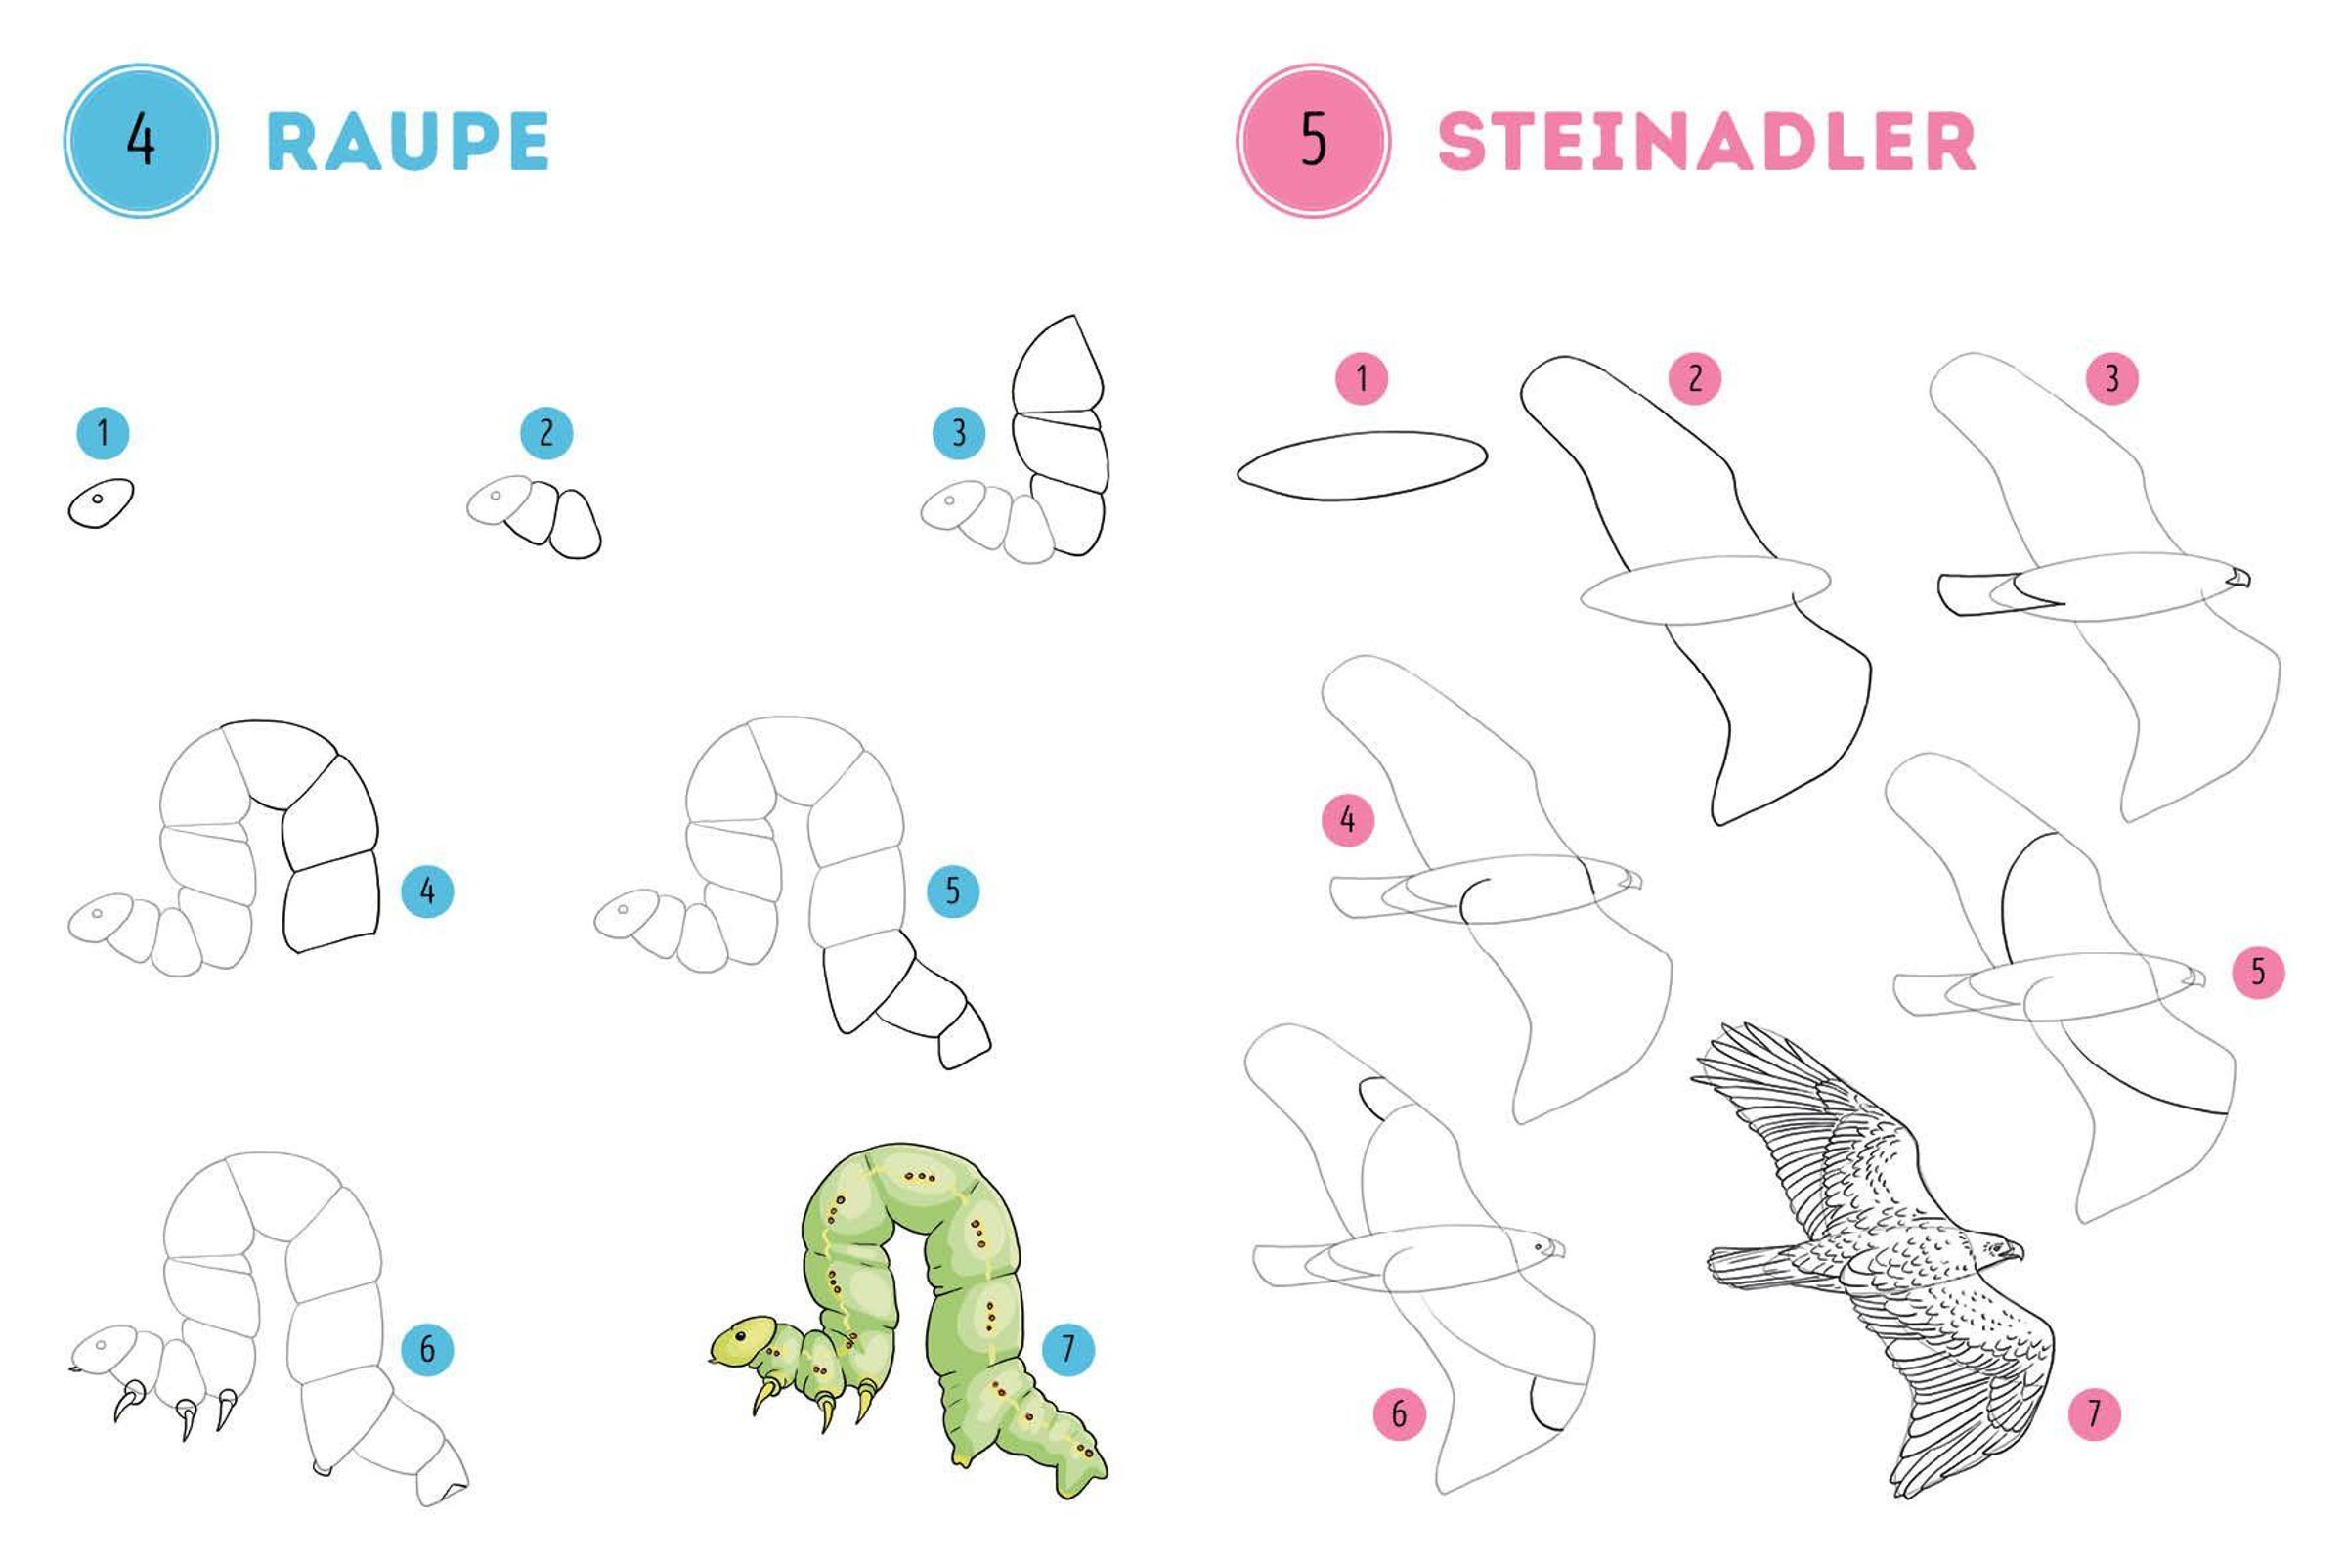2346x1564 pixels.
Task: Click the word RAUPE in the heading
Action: coord(408,141)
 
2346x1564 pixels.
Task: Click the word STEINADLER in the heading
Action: coord(1706,141)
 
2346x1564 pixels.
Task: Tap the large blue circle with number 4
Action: coord(141,141)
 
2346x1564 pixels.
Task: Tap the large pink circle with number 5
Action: coord(1314,141)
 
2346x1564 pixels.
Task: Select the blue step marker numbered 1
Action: coord(104,433)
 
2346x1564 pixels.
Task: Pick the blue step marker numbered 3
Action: coord(959,433)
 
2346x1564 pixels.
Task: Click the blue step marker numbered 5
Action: coord(952,891)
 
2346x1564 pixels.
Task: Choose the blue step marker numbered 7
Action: coord(1068,1350)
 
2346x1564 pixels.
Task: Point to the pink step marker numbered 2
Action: coord(1695,378)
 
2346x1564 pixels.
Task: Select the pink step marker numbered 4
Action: coord(1348,820)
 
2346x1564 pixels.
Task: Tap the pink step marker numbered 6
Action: coord(1400,1413)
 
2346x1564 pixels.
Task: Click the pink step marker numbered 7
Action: coord(2094,1413)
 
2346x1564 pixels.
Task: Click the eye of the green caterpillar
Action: coord(740,1334)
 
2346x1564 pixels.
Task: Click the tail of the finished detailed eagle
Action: coord(1756,1265)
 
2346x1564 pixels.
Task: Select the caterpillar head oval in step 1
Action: coord(101,502)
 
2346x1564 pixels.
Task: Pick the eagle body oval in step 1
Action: coord(1363,466)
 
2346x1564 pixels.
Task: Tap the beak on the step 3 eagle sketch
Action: coord(2240,577)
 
